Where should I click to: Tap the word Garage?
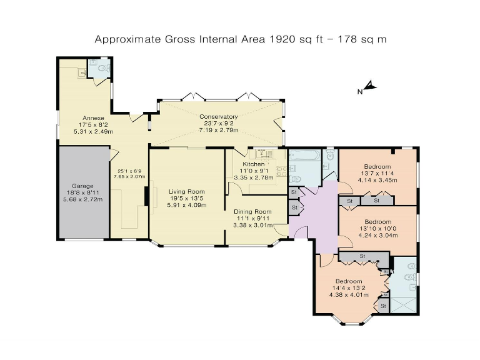point(82,186)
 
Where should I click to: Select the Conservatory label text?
point(218,117)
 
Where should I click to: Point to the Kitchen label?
point(253,164)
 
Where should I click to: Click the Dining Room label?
point(253,212)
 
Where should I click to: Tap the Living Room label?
point(187,191)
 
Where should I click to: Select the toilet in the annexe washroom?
point(103,66)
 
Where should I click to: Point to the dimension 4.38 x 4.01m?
point(348,295)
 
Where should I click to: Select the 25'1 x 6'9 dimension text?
point(129,171)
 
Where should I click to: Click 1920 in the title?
point(281,39)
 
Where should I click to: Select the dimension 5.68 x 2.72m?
point(82,200)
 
